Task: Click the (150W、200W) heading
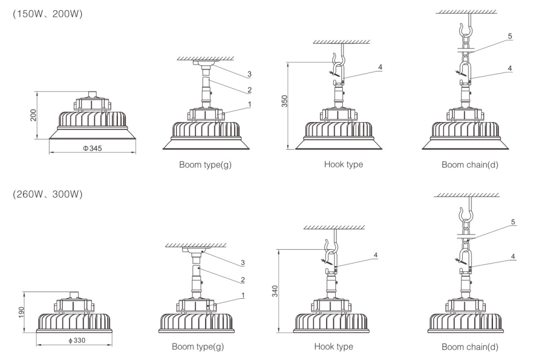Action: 47,14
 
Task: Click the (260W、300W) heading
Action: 47,194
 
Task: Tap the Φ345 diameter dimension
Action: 92,149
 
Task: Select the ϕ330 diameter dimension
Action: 77,341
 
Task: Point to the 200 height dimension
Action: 33,115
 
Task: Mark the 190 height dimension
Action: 21,313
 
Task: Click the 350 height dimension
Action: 285,101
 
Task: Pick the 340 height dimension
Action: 275,291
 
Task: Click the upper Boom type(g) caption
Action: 205,165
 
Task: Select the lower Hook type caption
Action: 334,346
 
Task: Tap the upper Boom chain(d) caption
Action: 470,165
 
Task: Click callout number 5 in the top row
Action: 510,36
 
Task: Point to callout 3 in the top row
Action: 249,74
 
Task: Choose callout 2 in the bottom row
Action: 243,280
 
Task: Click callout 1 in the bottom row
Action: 243,295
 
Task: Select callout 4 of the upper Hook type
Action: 380,67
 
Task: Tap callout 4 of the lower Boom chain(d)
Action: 513,257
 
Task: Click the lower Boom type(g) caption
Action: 198,347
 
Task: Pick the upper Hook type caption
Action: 343,164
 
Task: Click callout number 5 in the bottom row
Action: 513,222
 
